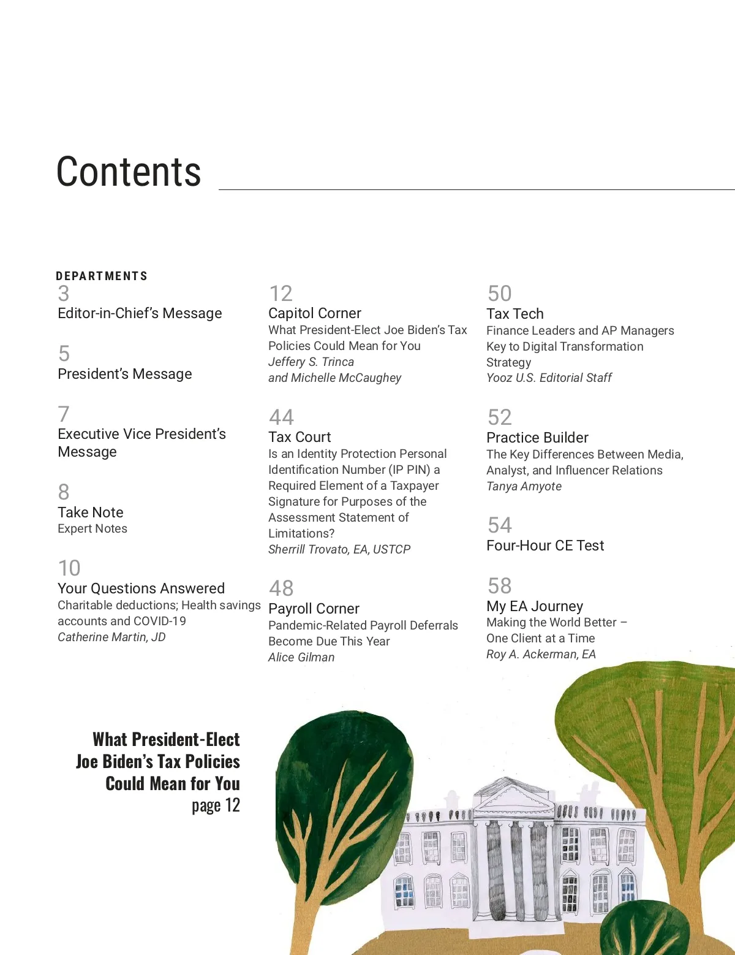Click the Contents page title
(x=129, y=172)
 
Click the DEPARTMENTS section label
(x=102, y=276)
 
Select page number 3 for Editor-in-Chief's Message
(x=64, y=294)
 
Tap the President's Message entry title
(x=125, y=374)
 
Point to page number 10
(x=69, y=568)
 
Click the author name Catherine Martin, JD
(x=111, y=637)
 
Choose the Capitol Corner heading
(x=315, y=313)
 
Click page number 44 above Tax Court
(x=281, y=417)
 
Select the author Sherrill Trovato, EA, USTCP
(x=339, y=550)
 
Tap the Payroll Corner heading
(x=314, y=609)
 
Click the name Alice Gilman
(x=301, y=658)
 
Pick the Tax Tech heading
(x=515, y=314)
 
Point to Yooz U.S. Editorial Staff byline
(x=549, y=378)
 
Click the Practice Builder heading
(x=537, y=438)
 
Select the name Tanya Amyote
(x=524, y=487)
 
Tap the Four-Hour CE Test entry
(x=545, y=546)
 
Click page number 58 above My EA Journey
(x=499, y=586)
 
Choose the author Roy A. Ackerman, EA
(x=541, y=655)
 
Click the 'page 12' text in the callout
(x=216, y=805)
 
